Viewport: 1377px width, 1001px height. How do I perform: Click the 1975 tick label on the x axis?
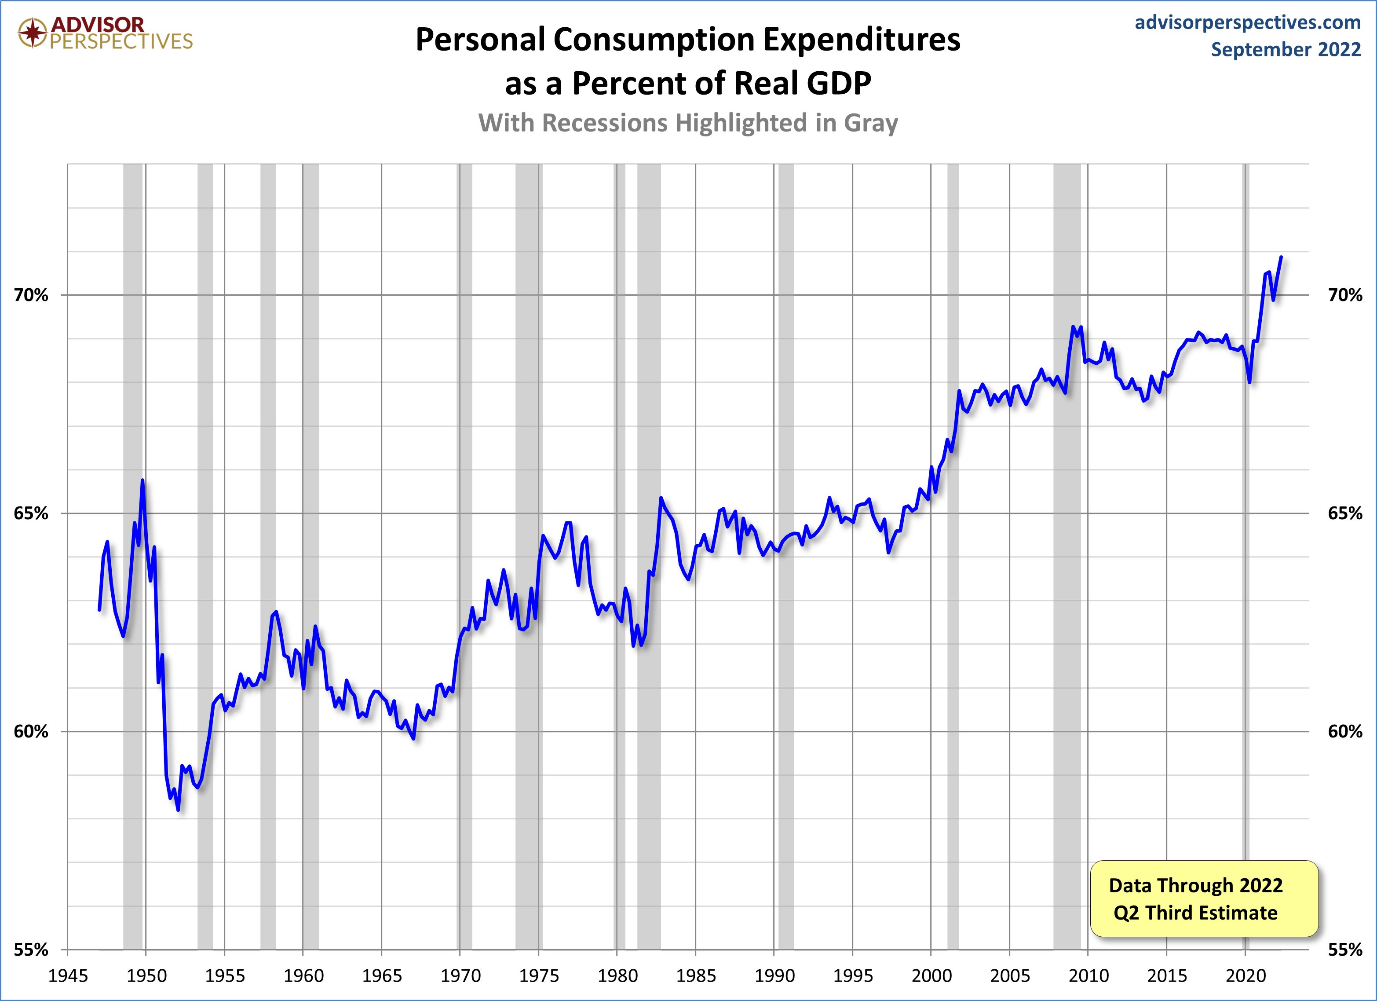[539, 975]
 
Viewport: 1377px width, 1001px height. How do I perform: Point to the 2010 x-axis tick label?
[1088, 975]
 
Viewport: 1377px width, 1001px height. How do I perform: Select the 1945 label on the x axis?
[68, 975]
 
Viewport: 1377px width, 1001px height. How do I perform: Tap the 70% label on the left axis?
[31, 295]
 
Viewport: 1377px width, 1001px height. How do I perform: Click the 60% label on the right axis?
[1345, 731]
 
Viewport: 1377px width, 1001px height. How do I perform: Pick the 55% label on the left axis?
[31, 950]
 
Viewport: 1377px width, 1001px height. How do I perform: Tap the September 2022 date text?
[1286, 49]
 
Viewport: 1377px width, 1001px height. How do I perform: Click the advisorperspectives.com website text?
[1248, 22]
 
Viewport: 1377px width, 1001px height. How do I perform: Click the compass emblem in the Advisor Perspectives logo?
[32, 32]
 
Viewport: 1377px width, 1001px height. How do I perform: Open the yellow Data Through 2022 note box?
[1204, 898]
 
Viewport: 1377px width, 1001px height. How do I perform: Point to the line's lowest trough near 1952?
[178, 810]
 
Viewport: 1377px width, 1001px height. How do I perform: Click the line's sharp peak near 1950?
[142, 480]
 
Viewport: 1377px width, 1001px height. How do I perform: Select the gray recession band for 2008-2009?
[1067, 546]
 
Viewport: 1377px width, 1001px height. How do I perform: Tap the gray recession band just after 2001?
[953, 546]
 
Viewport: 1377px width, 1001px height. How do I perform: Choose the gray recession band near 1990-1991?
[786, 546]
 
